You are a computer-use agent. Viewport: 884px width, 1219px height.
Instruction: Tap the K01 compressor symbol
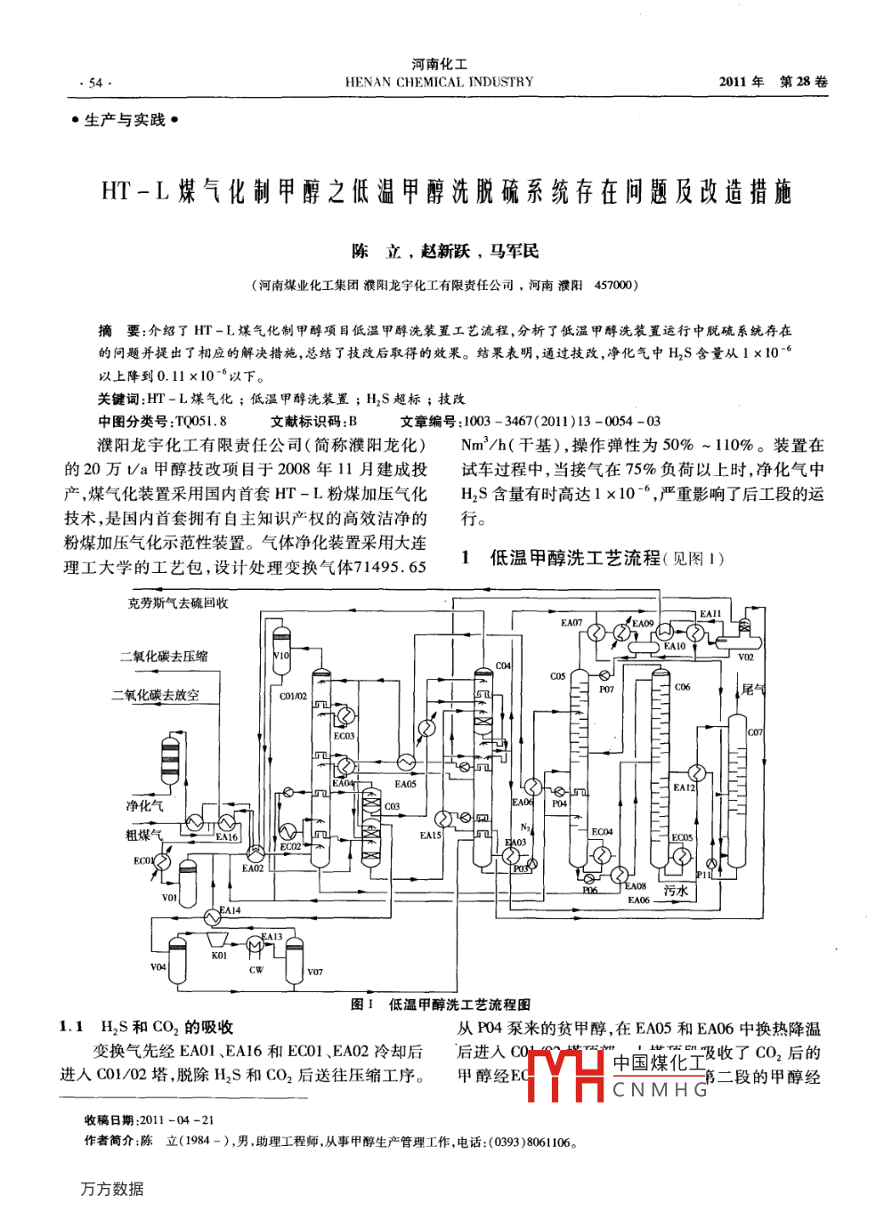(216, 940)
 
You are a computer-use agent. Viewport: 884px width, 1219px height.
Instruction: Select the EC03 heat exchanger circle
(345, 715)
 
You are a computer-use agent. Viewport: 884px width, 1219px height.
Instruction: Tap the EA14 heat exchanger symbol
(212, 916)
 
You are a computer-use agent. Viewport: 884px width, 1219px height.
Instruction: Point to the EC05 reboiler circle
(681, 856)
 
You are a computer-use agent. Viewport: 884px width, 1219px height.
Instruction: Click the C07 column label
(755, 732)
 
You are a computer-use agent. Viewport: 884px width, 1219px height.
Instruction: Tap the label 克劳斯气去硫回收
(178, 603)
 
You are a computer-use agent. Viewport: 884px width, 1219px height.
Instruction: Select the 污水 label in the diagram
(676, 890)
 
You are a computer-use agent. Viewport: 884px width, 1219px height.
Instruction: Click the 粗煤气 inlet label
(143, 835)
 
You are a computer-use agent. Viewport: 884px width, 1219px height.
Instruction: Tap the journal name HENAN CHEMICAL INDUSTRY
(439, 82)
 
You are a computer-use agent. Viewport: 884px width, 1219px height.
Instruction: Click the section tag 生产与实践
(125, 120)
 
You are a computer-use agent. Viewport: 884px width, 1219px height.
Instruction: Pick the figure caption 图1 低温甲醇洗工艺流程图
(441, 1005)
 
